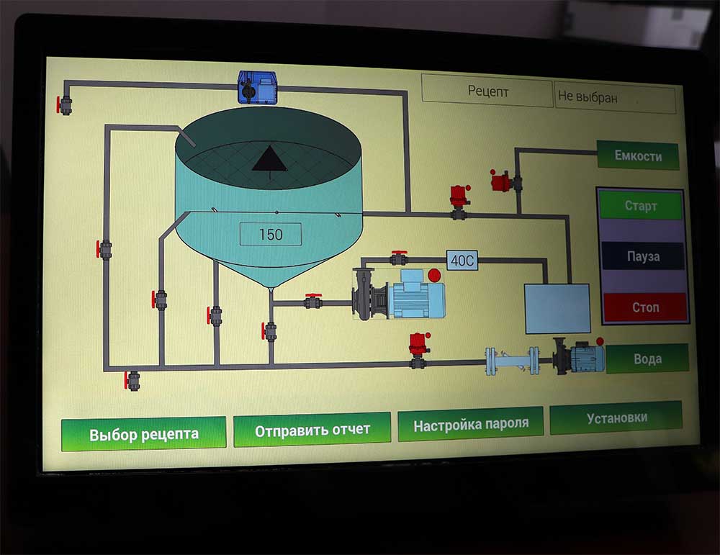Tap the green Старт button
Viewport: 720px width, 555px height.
click(640, 206)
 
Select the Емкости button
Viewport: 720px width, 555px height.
click(637, 155)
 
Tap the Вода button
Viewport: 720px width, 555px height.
click(647, 358)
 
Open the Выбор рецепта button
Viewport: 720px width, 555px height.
click(143, 434)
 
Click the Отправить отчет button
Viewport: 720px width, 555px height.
click(312, 430)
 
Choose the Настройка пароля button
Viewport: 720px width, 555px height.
click(470, 425)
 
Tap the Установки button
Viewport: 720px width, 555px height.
click(616, 418)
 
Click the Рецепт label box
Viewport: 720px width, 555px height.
click(487, 91)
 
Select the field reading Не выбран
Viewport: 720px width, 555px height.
click(615, 97)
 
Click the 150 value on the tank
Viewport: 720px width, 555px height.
click(270, 235)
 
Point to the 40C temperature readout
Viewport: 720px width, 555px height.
click(462, 261)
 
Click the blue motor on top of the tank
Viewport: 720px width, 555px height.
click(259, 87)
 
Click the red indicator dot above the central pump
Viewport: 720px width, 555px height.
click(434, 274)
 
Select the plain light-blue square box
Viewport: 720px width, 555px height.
click(557, 308)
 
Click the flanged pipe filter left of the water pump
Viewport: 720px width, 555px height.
click(512, 361)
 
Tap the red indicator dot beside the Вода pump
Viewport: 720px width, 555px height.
click(600, 341)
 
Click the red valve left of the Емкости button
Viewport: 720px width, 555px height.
click(500, 180)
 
